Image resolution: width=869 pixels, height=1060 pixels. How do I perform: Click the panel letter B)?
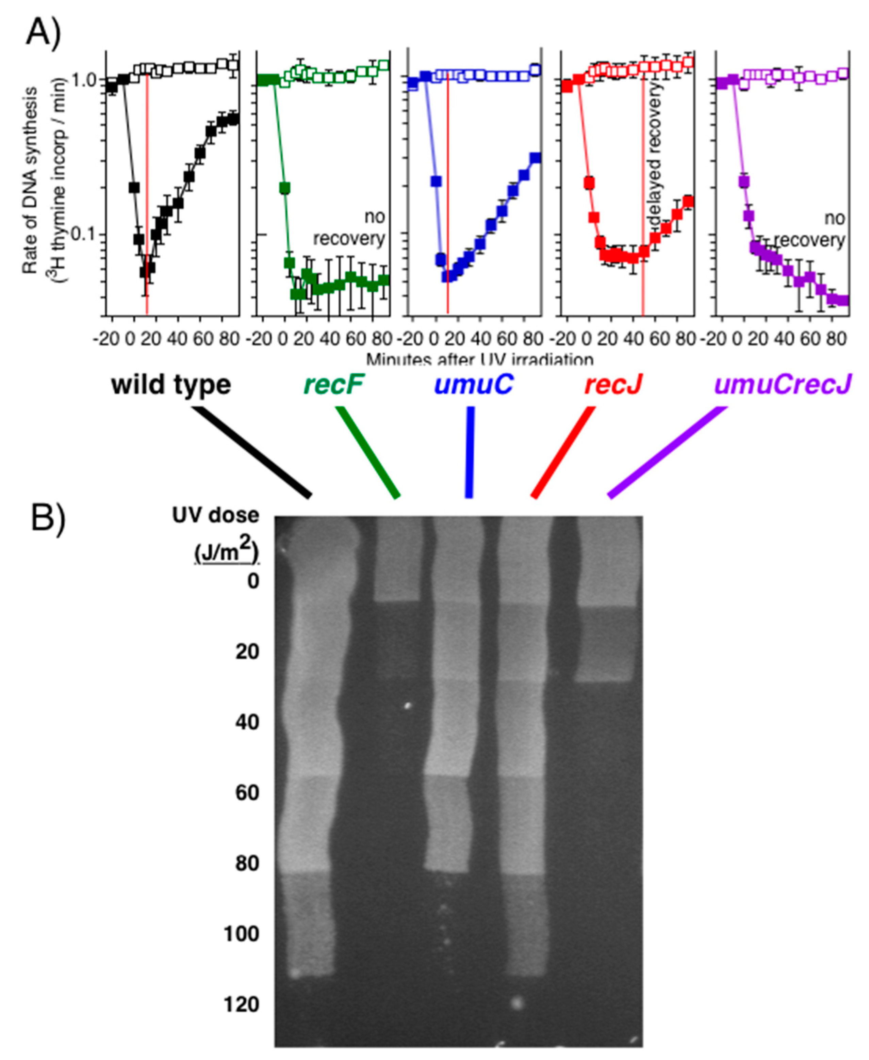click(48, 520)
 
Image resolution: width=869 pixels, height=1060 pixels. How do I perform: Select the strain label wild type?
click(171, 385)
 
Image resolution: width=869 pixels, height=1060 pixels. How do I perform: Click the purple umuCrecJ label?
click(782, 385)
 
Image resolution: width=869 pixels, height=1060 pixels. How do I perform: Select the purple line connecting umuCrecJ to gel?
click(667, 452)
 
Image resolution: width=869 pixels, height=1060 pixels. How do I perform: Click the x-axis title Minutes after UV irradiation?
click(479, 359)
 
